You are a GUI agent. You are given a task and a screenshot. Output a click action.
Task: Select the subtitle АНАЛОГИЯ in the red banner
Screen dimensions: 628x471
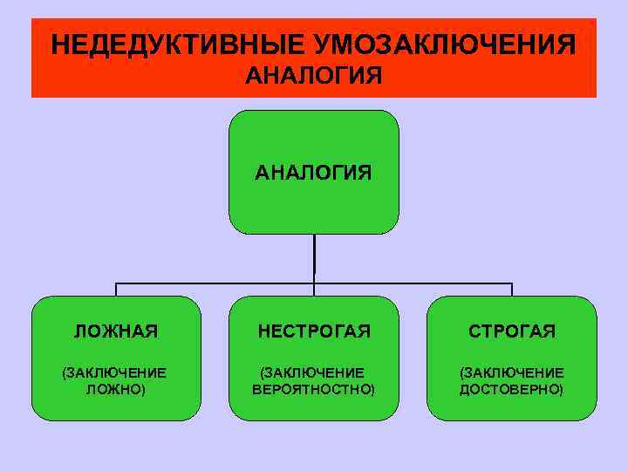(x=313, y=77)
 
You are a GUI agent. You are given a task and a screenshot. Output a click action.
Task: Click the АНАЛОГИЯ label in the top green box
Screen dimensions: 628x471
(x=313, y=172)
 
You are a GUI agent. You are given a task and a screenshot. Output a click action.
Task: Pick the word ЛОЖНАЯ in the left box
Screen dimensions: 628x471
(x=116, y=331)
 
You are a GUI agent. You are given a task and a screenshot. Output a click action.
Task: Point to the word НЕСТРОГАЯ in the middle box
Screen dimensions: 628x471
(x=313, y=331)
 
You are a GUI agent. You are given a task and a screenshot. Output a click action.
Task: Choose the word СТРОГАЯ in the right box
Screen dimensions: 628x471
(x=512, y=331)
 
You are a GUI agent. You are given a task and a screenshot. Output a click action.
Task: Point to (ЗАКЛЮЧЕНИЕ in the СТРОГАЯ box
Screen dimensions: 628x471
(x=512, y=372)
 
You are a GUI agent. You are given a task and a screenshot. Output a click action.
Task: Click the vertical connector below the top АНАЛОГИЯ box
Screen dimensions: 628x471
(x=314, y=257)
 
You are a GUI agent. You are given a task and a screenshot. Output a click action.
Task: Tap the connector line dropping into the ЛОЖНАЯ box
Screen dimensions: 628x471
(x=116, y=290)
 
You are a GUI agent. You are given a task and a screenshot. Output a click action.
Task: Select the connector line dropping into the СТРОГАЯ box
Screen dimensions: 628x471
(x=512, y=290)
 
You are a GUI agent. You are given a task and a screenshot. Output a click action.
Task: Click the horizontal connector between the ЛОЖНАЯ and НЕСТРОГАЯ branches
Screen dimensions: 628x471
(x=214, y=283)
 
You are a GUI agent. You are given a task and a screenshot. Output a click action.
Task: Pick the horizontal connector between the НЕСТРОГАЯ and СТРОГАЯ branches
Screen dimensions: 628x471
(x=414, y=283)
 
